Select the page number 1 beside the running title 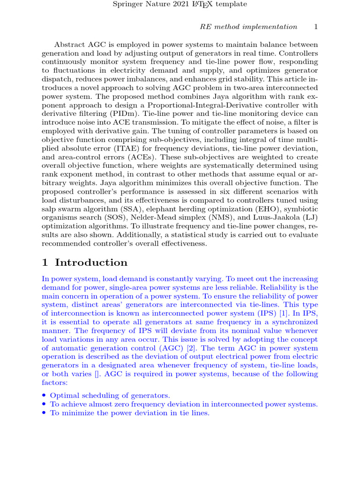316,27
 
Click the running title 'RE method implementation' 248,27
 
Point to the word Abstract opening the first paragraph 70,45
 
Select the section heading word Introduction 91,262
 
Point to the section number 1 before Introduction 45,262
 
